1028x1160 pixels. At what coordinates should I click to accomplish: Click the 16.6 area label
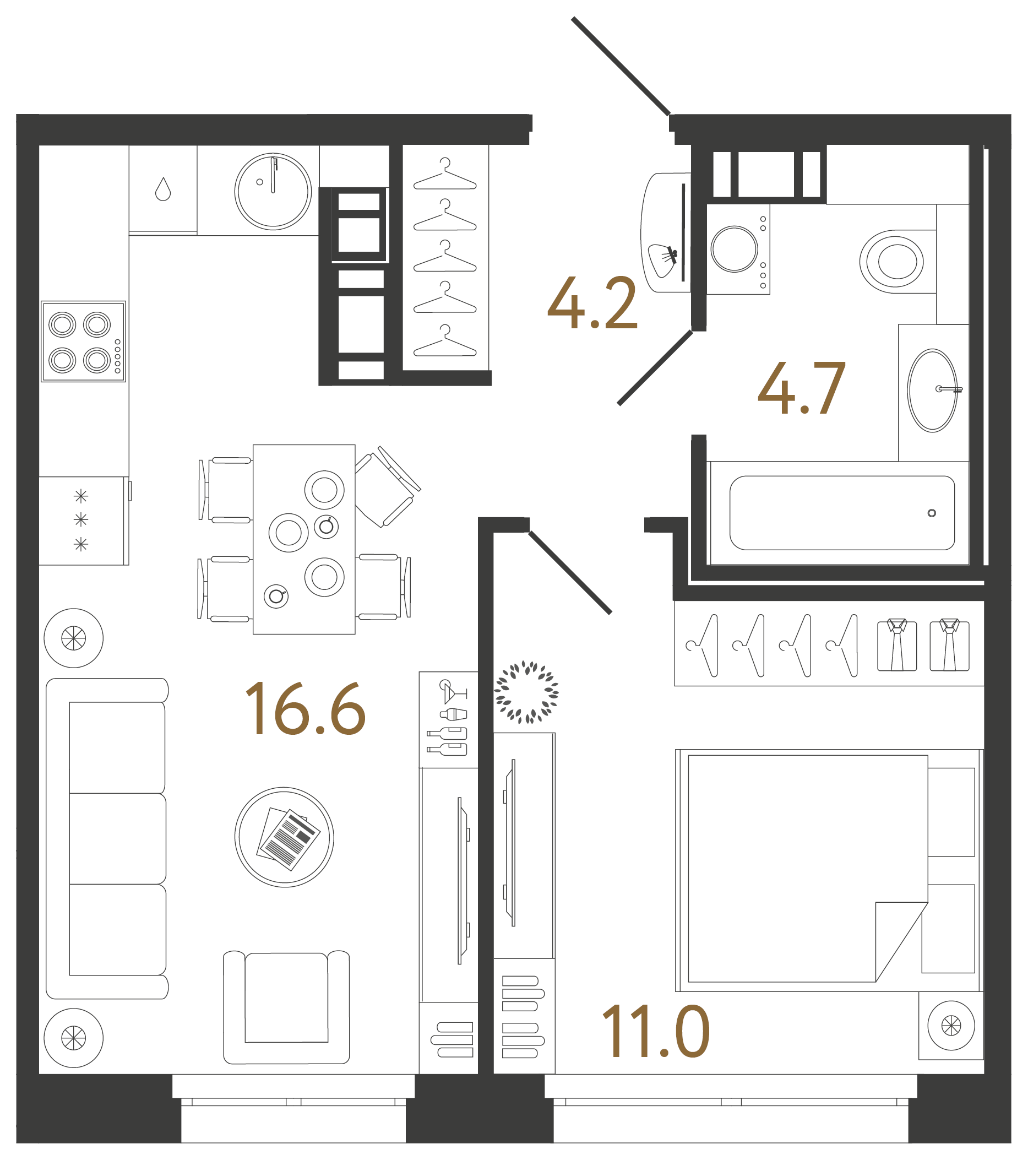point(305,709)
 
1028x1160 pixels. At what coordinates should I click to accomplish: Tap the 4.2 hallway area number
point(592,303)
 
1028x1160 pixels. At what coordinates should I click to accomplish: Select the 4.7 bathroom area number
point(802,389)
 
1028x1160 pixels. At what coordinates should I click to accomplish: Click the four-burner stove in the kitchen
point(83,342)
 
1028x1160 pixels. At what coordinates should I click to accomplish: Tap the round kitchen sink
point(273,191)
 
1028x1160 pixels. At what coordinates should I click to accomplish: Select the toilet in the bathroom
point(892,262)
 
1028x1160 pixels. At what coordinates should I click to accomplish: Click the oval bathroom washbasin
point(932,391)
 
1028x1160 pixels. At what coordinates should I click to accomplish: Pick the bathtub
point(841,513)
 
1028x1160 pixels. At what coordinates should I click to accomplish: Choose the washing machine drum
point(734,249)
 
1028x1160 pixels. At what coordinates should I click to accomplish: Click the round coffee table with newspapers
point(284,837)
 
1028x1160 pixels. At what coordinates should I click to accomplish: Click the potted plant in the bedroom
point(526,692)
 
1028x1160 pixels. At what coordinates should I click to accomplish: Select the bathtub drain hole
point(932,513)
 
